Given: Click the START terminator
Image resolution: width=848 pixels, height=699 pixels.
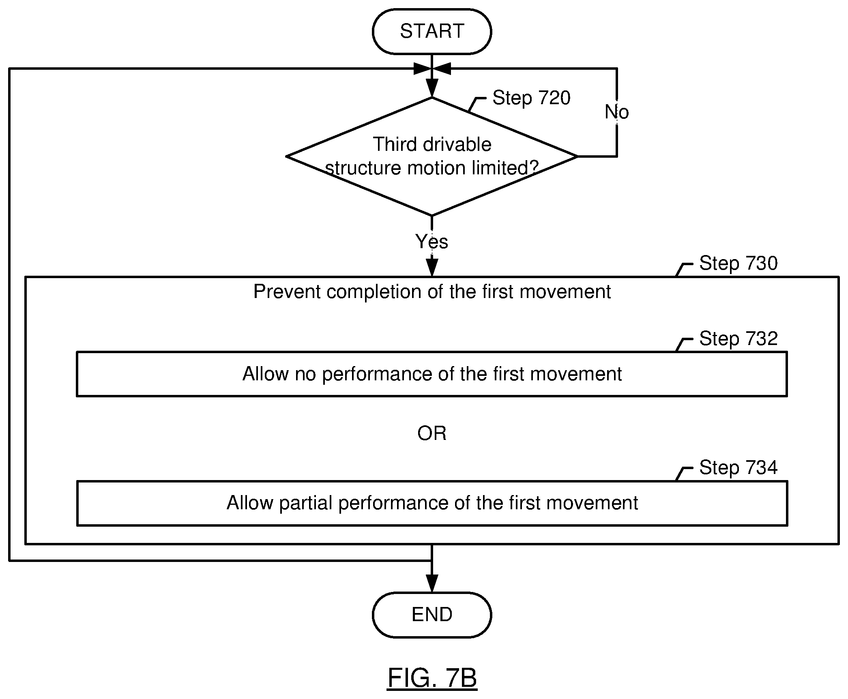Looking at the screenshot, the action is coord(432,31).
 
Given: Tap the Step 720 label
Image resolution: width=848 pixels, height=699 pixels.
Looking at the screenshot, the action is coord(531,98).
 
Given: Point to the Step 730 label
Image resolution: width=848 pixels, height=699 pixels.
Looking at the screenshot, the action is coord(739,263).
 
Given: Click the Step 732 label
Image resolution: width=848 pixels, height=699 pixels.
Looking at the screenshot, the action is coord(739,339).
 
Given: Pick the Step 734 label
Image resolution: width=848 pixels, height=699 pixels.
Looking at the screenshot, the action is coord(739,467).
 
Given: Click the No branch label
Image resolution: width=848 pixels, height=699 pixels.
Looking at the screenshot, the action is coord(617,112).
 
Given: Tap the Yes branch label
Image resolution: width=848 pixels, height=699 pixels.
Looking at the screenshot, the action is coord(432,242).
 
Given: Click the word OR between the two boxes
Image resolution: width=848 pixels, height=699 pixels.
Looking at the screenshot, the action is coord(432,433).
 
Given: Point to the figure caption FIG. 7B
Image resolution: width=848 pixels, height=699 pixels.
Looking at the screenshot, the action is coord(432,678).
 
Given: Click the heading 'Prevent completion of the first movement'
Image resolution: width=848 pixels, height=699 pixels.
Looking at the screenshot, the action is coord(432,292).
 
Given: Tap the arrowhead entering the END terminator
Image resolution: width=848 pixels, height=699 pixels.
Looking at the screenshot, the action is coord(432,583).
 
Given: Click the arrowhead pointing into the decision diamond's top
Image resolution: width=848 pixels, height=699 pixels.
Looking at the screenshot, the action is coord(432,88).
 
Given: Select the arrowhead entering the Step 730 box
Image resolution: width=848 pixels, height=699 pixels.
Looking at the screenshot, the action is coord(432,268).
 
